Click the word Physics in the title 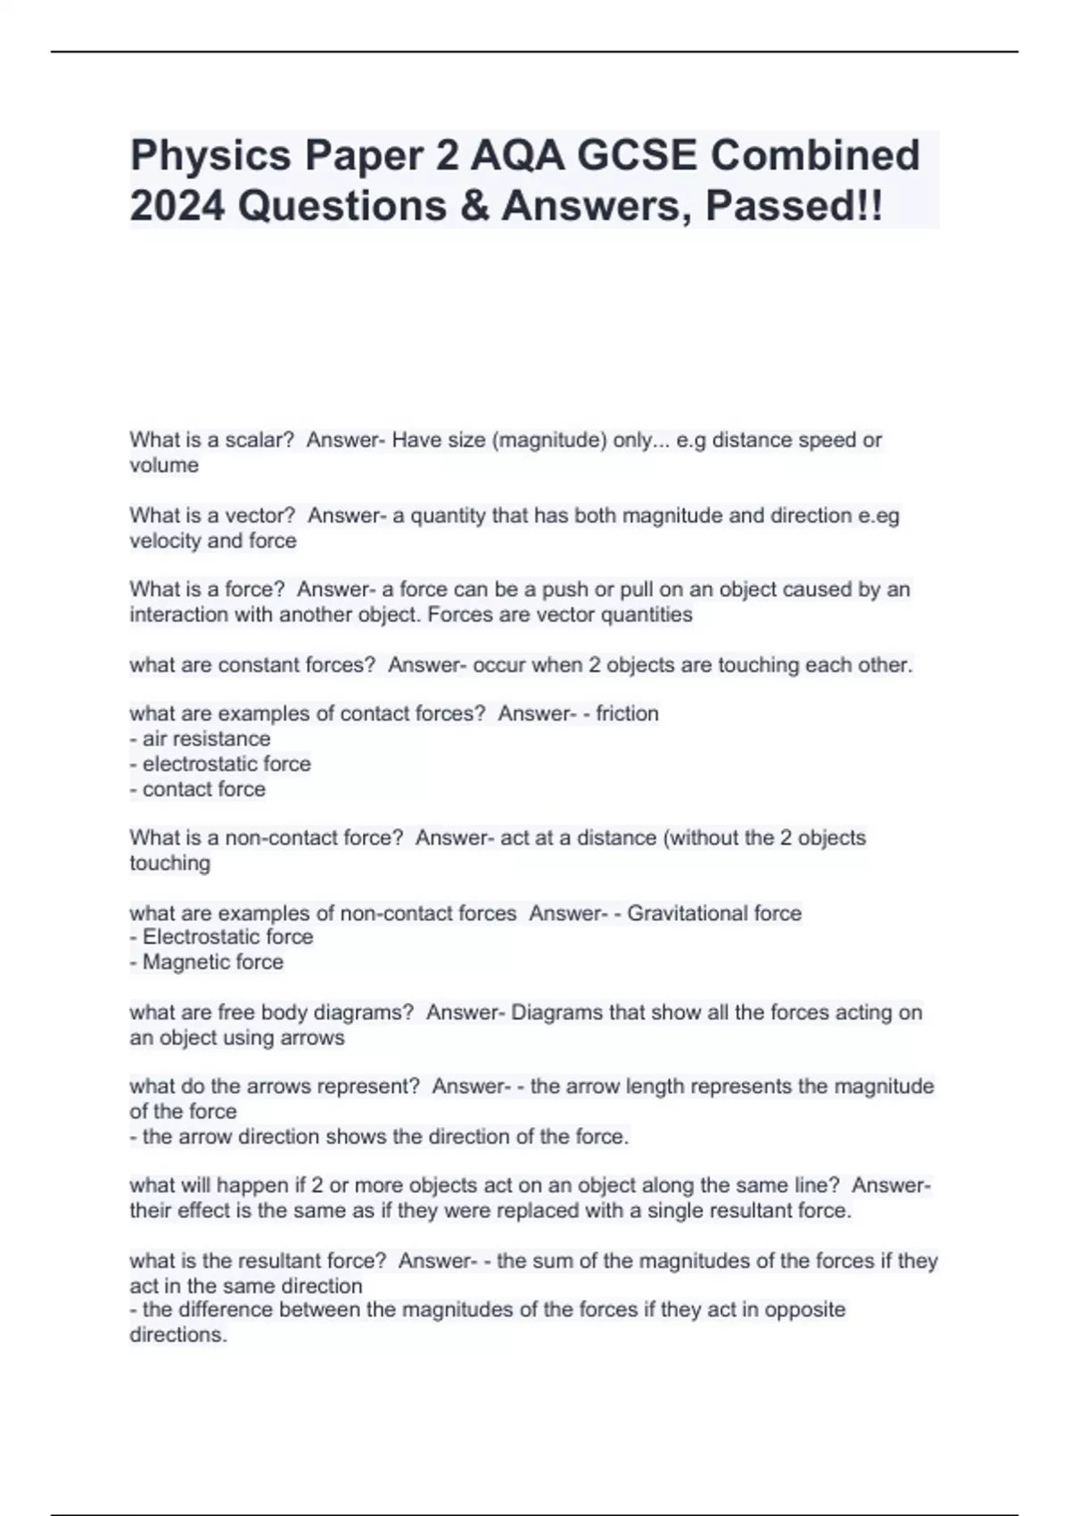[210, 156]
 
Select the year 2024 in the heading [175, 206]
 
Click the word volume [164, 465]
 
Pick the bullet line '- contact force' [197, 788]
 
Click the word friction [628, 713]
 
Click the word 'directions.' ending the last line [178, 1335]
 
